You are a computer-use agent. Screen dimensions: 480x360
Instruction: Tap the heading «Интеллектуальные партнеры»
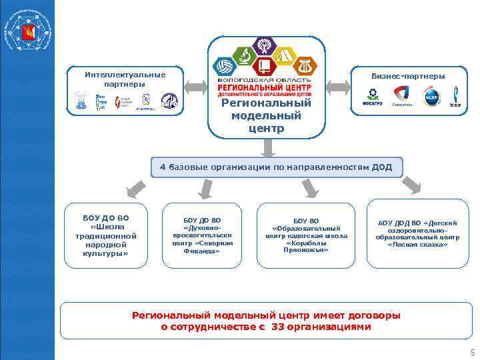[x=125, y=79]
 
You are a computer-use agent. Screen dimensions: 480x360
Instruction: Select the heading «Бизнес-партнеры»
[x=408, y=76]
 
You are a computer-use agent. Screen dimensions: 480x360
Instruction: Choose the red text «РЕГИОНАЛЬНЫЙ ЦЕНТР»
[x=265, y=87]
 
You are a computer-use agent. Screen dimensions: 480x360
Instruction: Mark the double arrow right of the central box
[x=340, y=87]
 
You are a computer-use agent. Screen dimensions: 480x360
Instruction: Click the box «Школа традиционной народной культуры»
[x=106, y=235]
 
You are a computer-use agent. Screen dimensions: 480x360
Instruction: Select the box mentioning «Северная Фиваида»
[x=202, y=235]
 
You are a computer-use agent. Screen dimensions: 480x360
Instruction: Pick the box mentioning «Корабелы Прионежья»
[x=306, y=235]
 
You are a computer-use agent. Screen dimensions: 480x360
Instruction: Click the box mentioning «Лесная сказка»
[x=417, y=233]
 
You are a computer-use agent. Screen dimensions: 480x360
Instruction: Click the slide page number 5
[x=471, y=352]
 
